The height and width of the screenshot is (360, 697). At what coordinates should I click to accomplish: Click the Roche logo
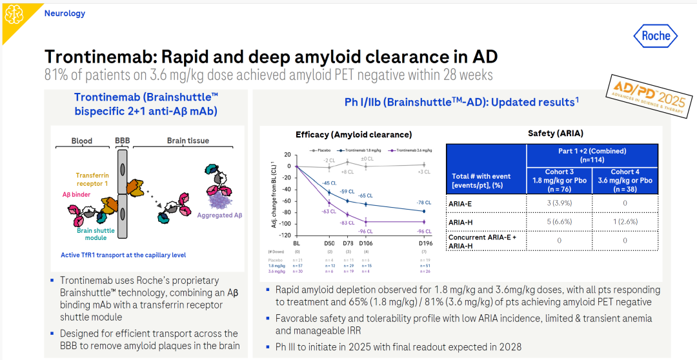656,36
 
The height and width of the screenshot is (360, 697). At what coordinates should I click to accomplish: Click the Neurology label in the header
65,13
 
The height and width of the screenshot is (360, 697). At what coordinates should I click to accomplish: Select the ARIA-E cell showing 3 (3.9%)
560,203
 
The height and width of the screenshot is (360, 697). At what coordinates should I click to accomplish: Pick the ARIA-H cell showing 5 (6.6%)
560,222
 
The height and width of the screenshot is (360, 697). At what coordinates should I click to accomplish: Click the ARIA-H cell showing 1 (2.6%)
625,222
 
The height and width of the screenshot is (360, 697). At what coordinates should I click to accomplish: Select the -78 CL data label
424,202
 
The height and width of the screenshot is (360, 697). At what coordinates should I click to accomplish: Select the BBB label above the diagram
122,140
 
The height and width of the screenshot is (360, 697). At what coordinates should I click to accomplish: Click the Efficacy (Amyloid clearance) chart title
354,134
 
